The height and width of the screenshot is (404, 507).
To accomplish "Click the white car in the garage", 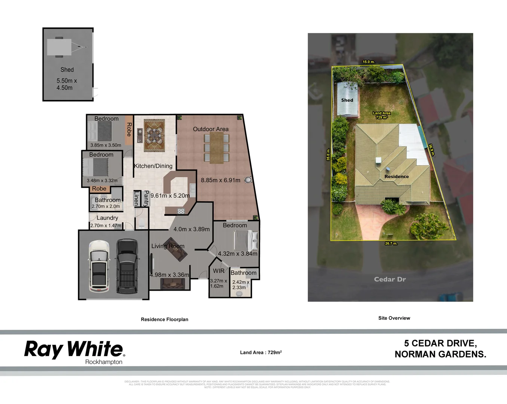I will (99, 266).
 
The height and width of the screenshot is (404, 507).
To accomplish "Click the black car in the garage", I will (126, 266).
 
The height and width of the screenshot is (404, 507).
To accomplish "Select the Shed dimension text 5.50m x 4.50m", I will (66, 84).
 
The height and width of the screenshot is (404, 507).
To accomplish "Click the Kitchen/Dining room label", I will (153, 166).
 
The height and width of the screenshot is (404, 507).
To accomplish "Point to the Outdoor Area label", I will (211, 129).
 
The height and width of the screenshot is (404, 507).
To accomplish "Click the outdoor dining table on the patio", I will (216, 147).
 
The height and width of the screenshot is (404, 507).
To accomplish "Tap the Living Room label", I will (168, 246).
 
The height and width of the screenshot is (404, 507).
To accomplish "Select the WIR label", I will (219, 271).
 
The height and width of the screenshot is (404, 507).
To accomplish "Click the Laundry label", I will (107, 218).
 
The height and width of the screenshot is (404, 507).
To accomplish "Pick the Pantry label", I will (146, 198).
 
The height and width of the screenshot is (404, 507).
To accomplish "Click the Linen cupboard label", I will (136, 199).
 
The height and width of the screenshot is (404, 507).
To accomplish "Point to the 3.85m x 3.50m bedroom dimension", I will (106, 145).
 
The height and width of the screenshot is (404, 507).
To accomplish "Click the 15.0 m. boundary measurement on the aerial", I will (368, 62).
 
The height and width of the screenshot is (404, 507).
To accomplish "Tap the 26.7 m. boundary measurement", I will (391, 244).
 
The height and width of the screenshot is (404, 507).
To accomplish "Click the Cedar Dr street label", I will (390, 279).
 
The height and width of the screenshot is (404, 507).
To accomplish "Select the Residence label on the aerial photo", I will (396, 177).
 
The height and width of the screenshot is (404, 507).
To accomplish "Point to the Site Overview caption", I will (394, 318).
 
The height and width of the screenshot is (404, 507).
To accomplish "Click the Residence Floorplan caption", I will (164, 319).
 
